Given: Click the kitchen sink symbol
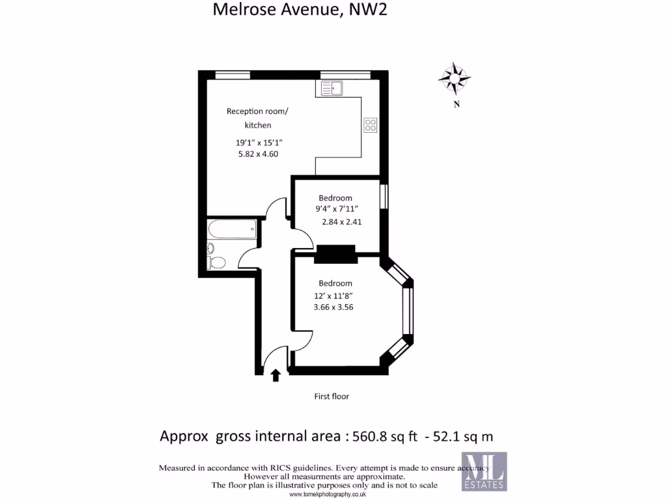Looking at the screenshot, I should (x=332, y=88).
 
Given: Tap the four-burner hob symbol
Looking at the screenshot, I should (x=370, y=125).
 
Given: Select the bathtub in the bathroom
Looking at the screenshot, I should (x=232, y=230).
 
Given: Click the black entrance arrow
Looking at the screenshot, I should (x=276, y=374).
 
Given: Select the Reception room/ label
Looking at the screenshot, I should (x=257, y=111).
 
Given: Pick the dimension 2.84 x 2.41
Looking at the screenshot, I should (x=341, y=221).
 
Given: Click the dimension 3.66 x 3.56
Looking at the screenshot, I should (x=333, y=307).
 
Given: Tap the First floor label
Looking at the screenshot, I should (x=332, y=396).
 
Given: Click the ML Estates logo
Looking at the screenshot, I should (x=484, y=471).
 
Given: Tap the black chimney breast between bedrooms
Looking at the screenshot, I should (x=335, y=254).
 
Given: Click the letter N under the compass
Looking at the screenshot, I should (x=457, y=104).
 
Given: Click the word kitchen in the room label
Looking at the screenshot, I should (x=258, y=126).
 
